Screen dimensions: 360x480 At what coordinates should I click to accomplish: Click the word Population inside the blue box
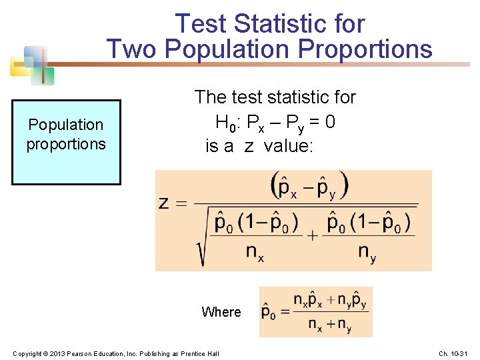click(x=66, y=125)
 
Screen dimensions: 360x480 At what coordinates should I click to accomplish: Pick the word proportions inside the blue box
click(x=66, y=144)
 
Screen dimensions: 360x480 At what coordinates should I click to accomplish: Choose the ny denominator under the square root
click(x=367, y=252)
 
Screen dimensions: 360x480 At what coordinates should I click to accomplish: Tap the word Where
click(x=221, y=312)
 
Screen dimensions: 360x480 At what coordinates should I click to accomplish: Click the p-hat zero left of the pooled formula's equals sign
click(x=269, y=312)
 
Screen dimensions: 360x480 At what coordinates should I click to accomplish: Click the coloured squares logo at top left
click(x=32, y=65)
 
